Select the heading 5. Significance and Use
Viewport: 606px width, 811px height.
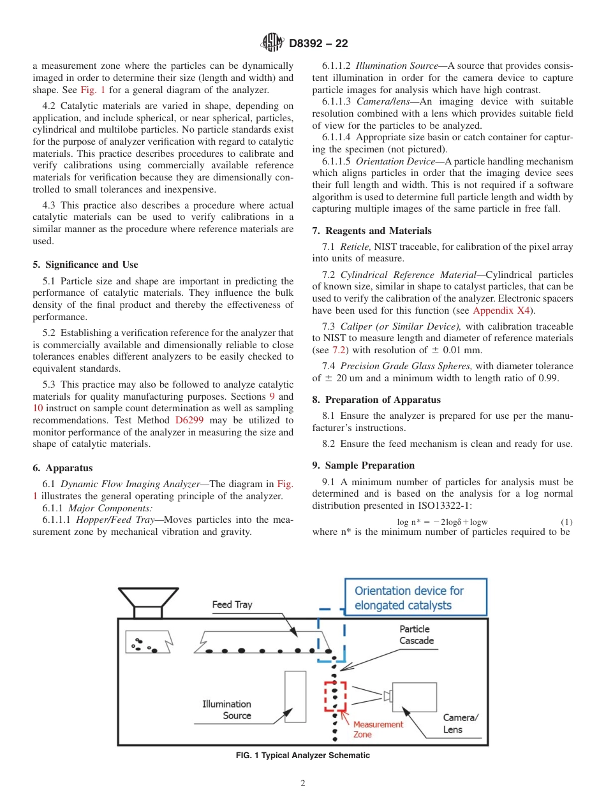click(x=85, y=265)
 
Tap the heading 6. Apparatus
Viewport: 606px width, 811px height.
click(x=63, y=468)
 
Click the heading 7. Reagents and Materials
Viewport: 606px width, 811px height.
click(x=372, y=231)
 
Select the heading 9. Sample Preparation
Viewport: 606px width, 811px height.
click(x=364, y=465)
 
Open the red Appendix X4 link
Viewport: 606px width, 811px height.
click(x=501, y=311)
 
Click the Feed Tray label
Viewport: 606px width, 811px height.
click(x=232, y=604)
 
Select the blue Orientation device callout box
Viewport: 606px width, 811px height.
click(x=415, y=598)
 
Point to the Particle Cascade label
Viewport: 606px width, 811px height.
click(x=417, y=635)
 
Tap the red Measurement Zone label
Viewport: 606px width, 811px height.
click(x=378, y=729)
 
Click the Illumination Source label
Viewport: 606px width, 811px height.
click(x=227, y=710)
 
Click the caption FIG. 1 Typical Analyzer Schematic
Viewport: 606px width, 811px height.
click(x=302, y=756)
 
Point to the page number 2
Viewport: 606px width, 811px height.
click(x=303, y=784)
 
